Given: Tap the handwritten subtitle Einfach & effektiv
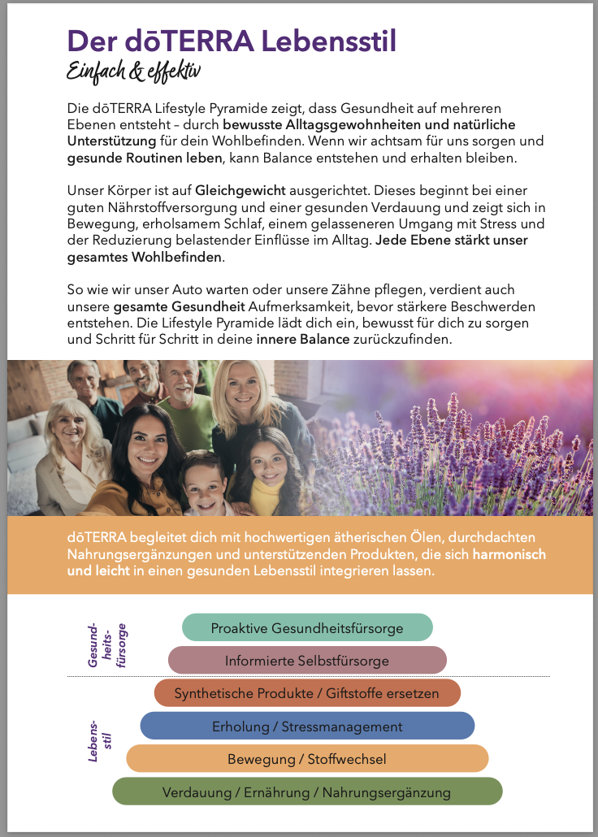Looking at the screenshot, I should (x=133, y=72).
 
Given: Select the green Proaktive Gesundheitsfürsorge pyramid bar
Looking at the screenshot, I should (x=307, y=627).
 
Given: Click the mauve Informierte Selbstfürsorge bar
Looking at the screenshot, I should (x=307, y=661).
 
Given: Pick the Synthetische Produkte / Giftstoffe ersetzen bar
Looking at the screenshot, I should (x=307, y=693).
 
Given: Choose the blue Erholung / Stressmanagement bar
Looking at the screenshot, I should (x=307, y=726).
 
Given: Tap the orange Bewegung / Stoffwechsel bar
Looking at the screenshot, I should (x=307, y=759).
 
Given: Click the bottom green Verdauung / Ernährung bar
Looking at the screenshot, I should (x=307, y=791).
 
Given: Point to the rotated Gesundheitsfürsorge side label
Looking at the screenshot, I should (x=108, y=647).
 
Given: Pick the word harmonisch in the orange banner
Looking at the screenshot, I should (x=508, y=554).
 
